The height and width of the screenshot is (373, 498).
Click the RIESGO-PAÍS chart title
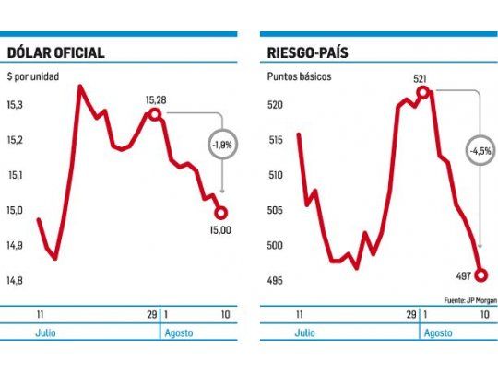(311, 52)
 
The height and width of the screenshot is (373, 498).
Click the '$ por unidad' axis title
(33, 76)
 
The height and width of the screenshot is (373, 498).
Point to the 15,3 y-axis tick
(15, 107)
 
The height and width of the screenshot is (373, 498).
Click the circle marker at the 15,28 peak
(155, 115)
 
